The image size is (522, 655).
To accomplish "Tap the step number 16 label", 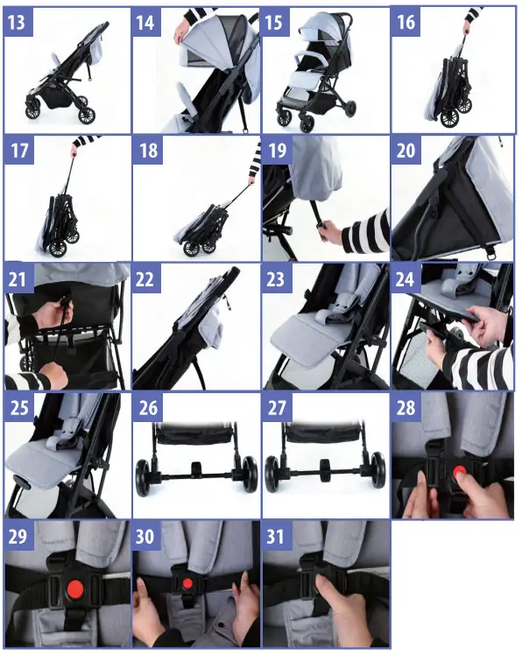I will pos(406,21).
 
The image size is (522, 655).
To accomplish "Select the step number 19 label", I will pos(278,150).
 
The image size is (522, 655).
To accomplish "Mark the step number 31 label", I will pos(278,536).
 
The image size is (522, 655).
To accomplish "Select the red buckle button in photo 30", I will pos(187,584).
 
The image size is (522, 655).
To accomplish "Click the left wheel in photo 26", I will pos(144,475).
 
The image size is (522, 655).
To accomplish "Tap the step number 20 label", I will pos(406,150).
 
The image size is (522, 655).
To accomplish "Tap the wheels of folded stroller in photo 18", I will pos(197,246).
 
